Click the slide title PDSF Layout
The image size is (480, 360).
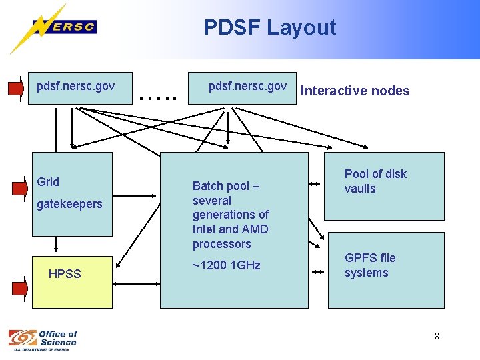(x=270, y=27)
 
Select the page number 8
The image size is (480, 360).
(x=437, y=336)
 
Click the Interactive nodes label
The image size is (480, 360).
(x=355, y=91)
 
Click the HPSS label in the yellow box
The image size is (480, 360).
(x=65, y=274)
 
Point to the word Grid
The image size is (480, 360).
(x=48, y=182)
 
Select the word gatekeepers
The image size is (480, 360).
(x=69, y=204)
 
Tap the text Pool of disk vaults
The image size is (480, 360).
(x=375, y=181)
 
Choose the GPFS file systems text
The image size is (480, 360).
(x=369, y=265)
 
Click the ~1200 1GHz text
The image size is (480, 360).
(x=226, y=265)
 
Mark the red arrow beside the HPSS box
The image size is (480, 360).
(x=19, y=288)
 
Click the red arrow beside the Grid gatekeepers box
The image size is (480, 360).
(x=19, y=188)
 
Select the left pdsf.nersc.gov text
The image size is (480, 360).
(x=75, y=86)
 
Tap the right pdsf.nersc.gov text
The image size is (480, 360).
(x=247, y=86)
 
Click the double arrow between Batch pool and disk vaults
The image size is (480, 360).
(x=316, y=181)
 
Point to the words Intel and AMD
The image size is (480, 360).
(x=230, y=229)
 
